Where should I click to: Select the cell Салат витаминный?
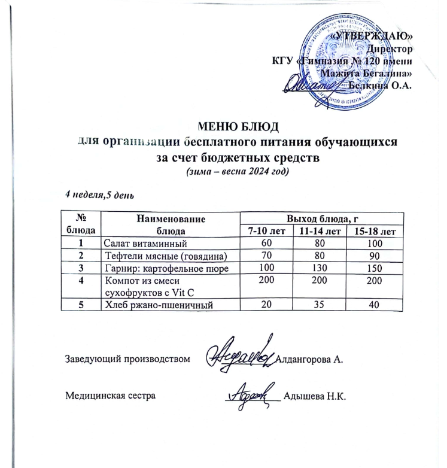(x=145, y=243)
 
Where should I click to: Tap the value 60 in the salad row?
(x=266, y=243)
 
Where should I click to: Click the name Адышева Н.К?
(x=315, y=396)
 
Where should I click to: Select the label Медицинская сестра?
(x=110, y=396)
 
